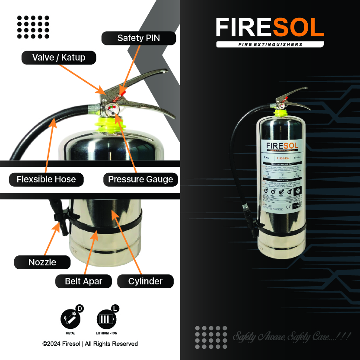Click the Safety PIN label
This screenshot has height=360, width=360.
[x=139, y=38]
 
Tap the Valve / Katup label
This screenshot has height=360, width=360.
[x=59, y=57]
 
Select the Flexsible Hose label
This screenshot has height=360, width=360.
[x=46, y=179]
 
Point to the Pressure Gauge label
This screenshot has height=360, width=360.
[x=140, y=179]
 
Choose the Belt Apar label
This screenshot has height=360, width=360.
[x=83, y=281]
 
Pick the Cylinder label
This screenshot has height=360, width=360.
[x=145, y=281]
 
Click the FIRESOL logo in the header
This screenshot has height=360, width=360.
[x=270, y=28]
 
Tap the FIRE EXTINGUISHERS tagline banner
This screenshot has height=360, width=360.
[x=270, y=45]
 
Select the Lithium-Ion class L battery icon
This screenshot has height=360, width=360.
[x=106, y=320]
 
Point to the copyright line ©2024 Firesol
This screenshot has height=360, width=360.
[x=90, y=344]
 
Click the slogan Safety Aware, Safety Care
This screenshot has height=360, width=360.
[x=292, y=336]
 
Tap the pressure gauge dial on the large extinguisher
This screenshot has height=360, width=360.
[x=112, y=109]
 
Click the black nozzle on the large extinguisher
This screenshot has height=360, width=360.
[x=60, y=217]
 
